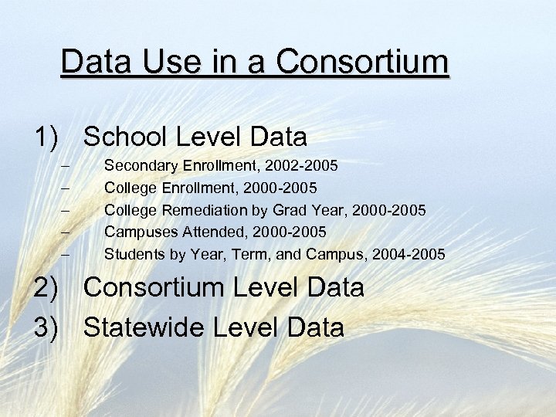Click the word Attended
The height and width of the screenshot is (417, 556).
pos(205,232)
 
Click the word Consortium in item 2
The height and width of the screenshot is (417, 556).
pos(160,288)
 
